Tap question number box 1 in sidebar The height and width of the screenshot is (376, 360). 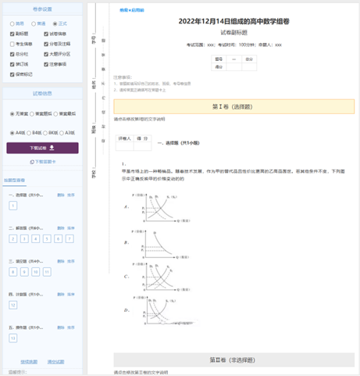12,206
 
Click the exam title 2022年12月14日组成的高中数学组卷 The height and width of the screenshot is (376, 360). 227,22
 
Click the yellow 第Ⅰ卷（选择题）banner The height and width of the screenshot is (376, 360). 227,106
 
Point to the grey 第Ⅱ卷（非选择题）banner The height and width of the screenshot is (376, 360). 227,360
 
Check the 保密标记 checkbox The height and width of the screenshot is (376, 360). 12,74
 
